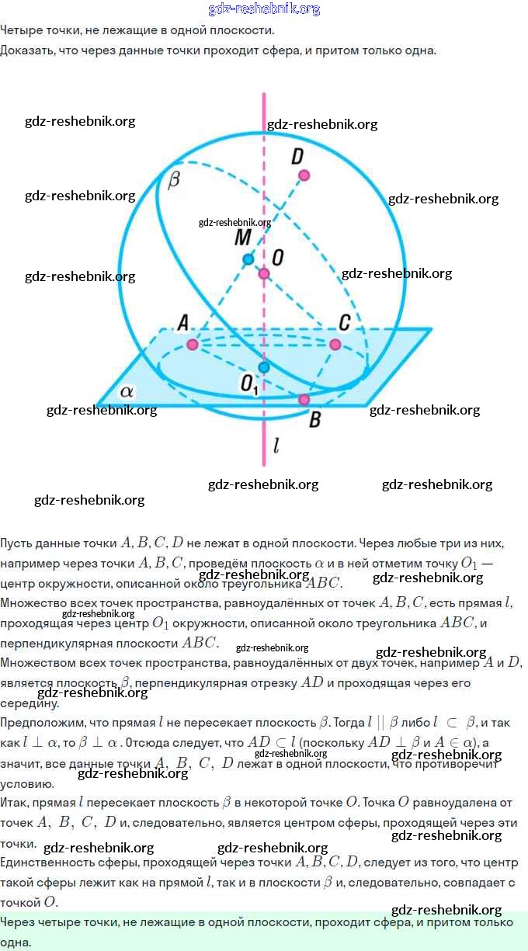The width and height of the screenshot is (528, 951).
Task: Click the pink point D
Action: tap(304, 175)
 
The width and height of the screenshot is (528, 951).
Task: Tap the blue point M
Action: tap(248, 259)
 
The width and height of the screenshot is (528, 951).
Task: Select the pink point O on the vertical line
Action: tap(264, 274)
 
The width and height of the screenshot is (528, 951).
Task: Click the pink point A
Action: tap(192, 344)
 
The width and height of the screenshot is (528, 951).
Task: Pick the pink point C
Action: tap(335, 344)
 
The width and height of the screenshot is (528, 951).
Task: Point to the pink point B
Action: tap(304, 399)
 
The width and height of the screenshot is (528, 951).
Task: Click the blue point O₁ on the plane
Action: tap(264, 366)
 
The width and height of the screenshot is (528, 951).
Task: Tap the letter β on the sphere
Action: tap(173, 180)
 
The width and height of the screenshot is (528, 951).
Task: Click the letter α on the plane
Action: tap(126, 391)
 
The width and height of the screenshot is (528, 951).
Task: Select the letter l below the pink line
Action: tap(276, 446)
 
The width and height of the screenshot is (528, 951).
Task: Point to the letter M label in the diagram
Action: tap(243, 237)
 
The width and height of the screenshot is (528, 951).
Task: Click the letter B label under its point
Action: tap(314, 420)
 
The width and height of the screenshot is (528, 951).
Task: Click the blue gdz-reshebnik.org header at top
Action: tap(264, 9)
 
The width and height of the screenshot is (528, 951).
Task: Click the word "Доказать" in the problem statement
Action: tap(26, 50)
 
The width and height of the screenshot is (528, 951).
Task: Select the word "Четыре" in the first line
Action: tap(20, 31)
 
